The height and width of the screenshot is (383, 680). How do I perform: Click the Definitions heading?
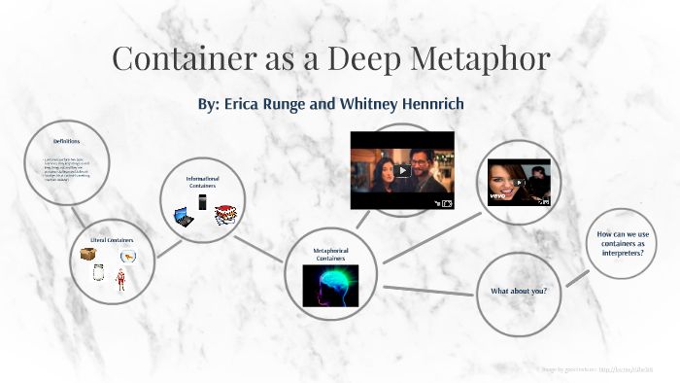pos(66,142)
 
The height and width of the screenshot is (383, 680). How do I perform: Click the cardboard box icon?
pos(89,255)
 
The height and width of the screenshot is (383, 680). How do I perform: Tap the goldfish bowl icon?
pos(127,256)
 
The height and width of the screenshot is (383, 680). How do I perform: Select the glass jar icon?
pos(97,273)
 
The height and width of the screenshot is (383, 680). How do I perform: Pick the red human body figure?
pos(121,279)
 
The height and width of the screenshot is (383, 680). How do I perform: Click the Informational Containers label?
pos(203,182)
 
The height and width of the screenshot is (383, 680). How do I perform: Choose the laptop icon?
pos(182,217)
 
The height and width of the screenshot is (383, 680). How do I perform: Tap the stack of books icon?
pos(226,214)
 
